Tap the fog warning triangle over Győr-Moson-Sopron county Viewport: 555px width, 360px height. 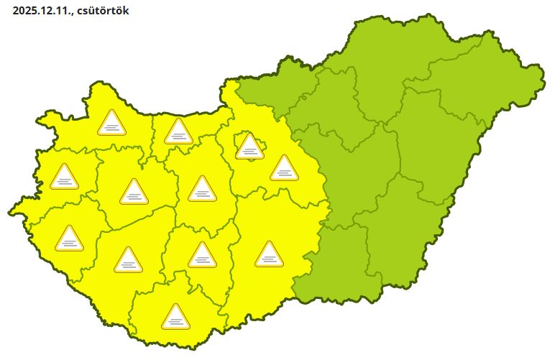[111, 124]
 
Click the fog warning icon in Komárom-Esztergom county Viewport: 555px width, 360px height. [178, 132]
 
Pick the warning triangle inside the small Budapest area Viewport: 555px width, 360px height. [249, 146]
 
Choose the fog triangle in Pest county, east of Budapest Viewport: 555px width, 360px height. [284, 169]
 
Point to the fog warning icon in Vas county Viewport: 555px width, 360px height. [64, 177]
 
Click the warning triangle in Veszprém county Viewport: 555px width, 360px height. [133, 193]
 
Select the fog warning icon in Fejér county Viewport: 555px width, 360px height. [202, 190]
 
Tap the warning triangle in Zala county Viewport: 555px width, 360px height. [70, 239]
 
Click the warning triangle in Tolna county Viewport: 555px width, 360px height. [202, 256]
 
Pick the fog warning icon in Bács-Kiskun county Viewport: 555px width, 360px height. [269, 254]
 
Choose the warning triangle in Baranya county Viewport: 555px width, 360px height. [175, 317]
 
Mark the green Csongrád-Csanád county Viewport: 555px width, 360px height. [338, 266]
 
